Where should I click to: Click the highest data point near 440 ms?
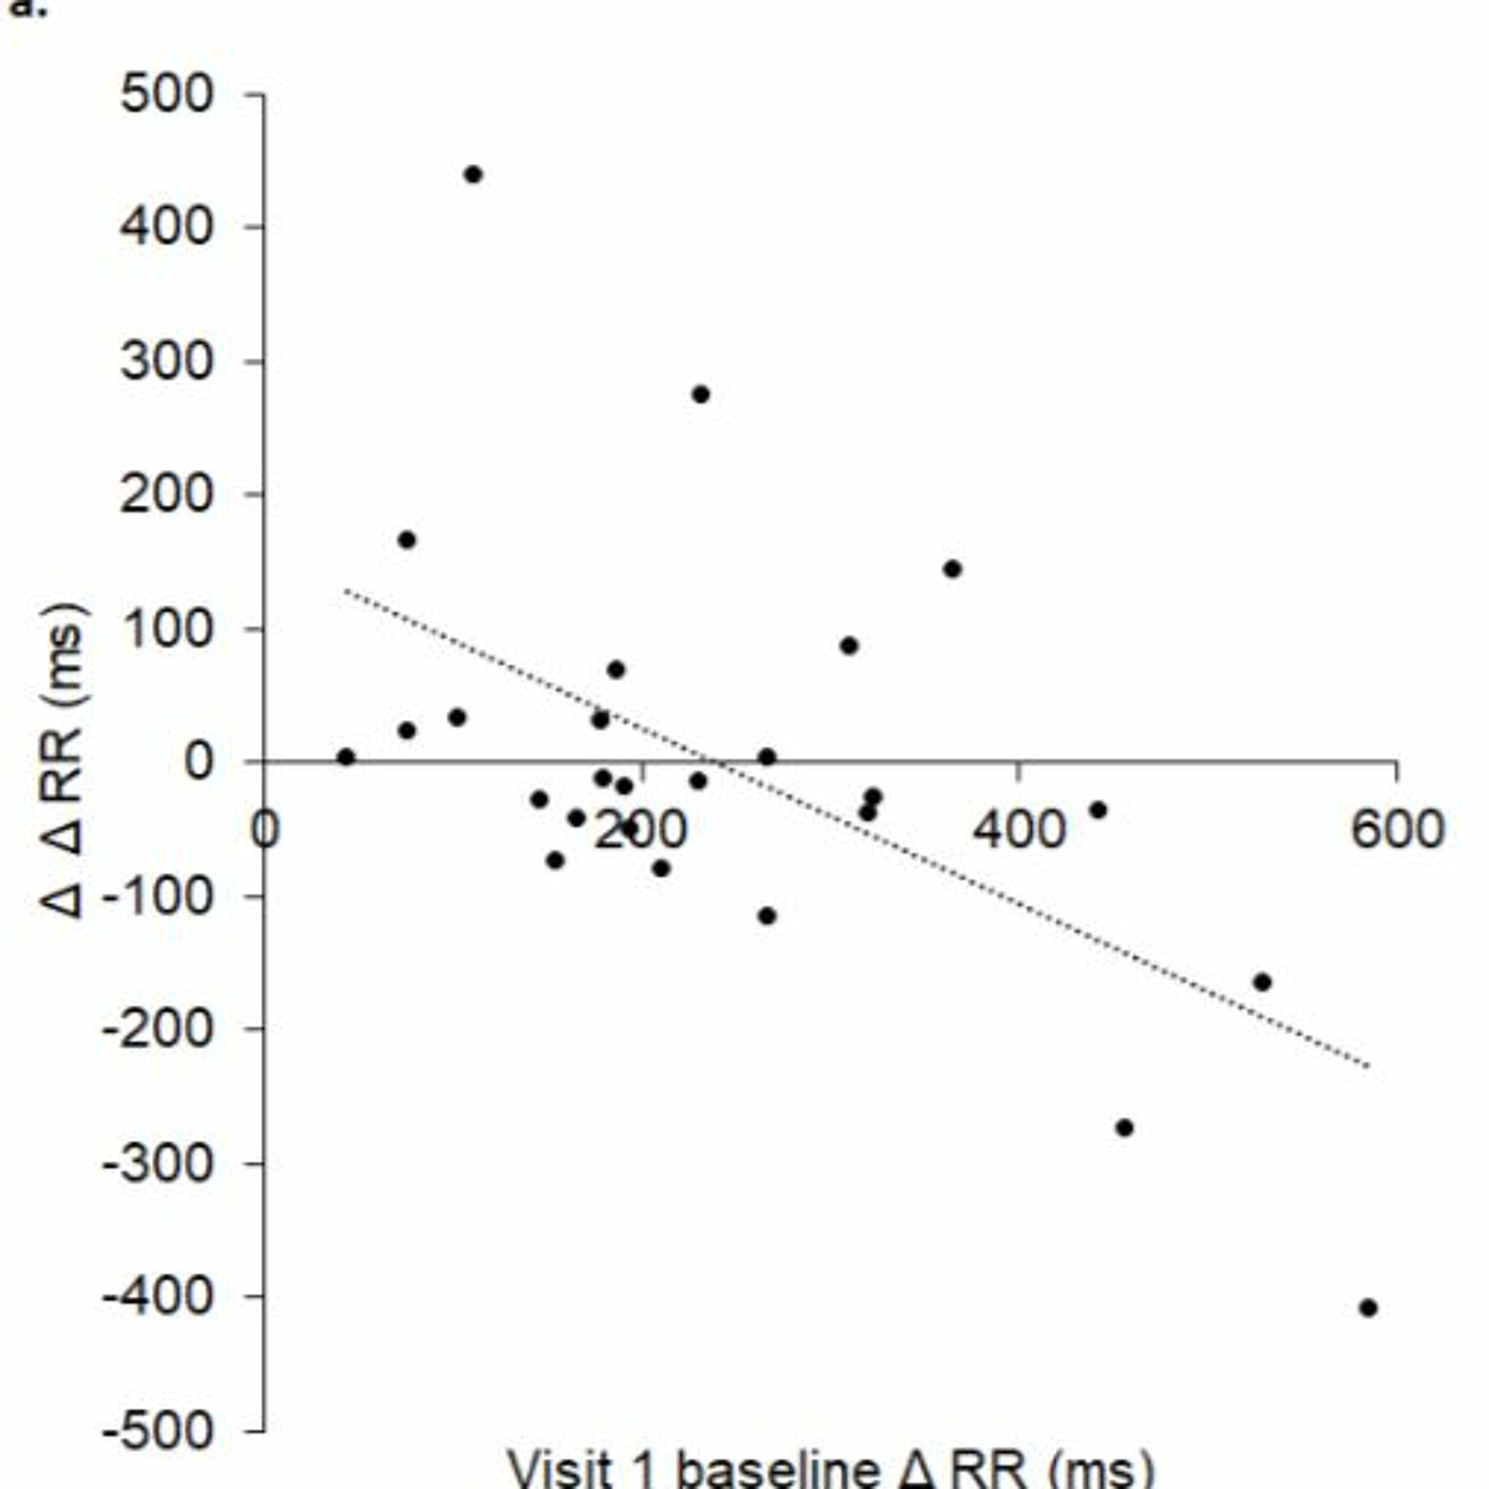473,175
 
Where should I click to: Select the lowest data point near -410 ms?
1368,1308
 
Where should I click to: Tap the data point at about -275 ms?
1125,1128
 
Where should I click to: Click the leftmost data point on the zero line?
346,757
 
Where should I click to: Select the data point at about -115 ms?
767,916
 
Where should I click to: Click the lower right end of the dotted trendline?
1369,1067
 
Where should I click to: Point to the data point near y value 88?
849,646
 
